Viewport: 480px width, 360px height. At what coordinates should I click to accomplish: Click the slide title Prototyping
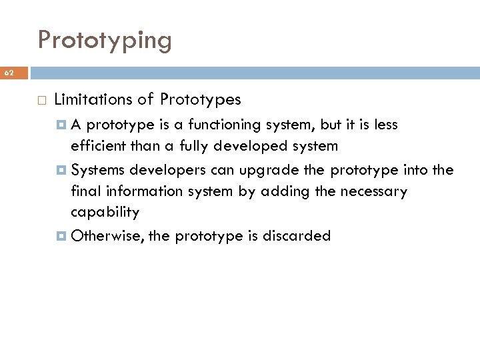tap(105, 41)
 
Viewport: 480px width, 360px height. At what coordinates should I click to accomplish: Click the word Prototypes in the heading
tap(200, 100)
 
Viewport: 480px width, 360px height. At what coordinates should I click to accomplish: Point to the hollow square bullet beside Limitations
tap(41, 101)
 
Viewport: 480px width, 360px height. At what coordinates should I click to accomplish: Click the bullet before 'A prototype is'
tap(63, 124)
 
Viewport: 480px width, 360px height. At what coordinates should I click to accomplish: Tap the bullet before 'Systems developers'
tap(63, 169)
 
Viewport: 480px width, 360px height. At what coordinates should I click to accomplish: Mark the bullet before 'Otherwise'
tap(63, 236)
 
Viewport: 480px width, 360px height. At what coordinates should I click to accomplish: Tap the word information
tap(137, 191)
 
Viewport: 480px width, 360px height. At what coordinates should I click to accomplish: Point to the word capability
tap(105, 213)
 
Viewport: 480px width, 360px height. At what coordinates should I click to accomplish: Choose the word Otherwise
tap(107, 236)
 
